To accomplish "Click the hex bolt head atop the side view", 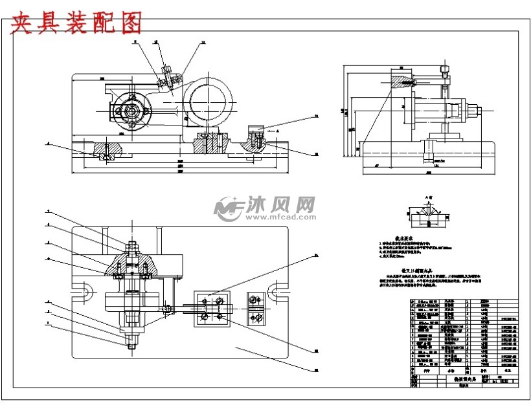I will click(x=444, y=68).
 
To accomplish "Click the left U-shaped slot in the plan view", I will click(x=84, y=291).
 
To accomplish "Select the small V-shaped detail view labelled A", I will click(x=427, y=214).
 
